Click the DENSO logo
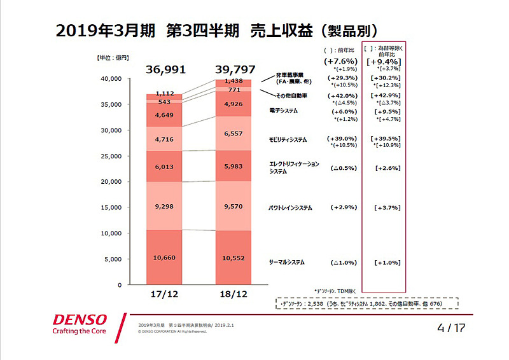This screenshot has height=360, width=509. [x=80, y=319]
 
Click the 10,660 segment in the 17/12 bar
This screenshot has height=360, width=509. [x=165, y=258]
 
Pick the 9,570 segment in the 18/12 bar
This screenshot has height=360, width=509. [x=234, y=207]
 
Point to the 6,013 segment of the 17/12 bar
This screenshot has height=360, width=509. [x=165, y=166]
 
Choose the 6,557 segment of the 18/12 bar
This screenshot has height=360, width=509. [x=234, y=134]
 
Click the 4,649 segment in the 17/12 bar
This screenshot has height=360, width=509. [x=165, y=115]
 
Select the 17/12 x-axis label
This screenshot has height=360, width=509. [x=165, y=296]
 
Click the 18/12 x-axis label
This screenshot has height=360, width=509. [x=234, y=296]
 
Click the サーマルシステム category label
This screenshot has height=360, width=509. [x=287, y=262]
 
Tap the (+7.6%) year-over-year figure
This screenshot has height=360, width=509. [x=342, y=61]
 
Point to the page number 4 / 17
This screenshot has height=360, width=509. [x=451, y=328]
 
